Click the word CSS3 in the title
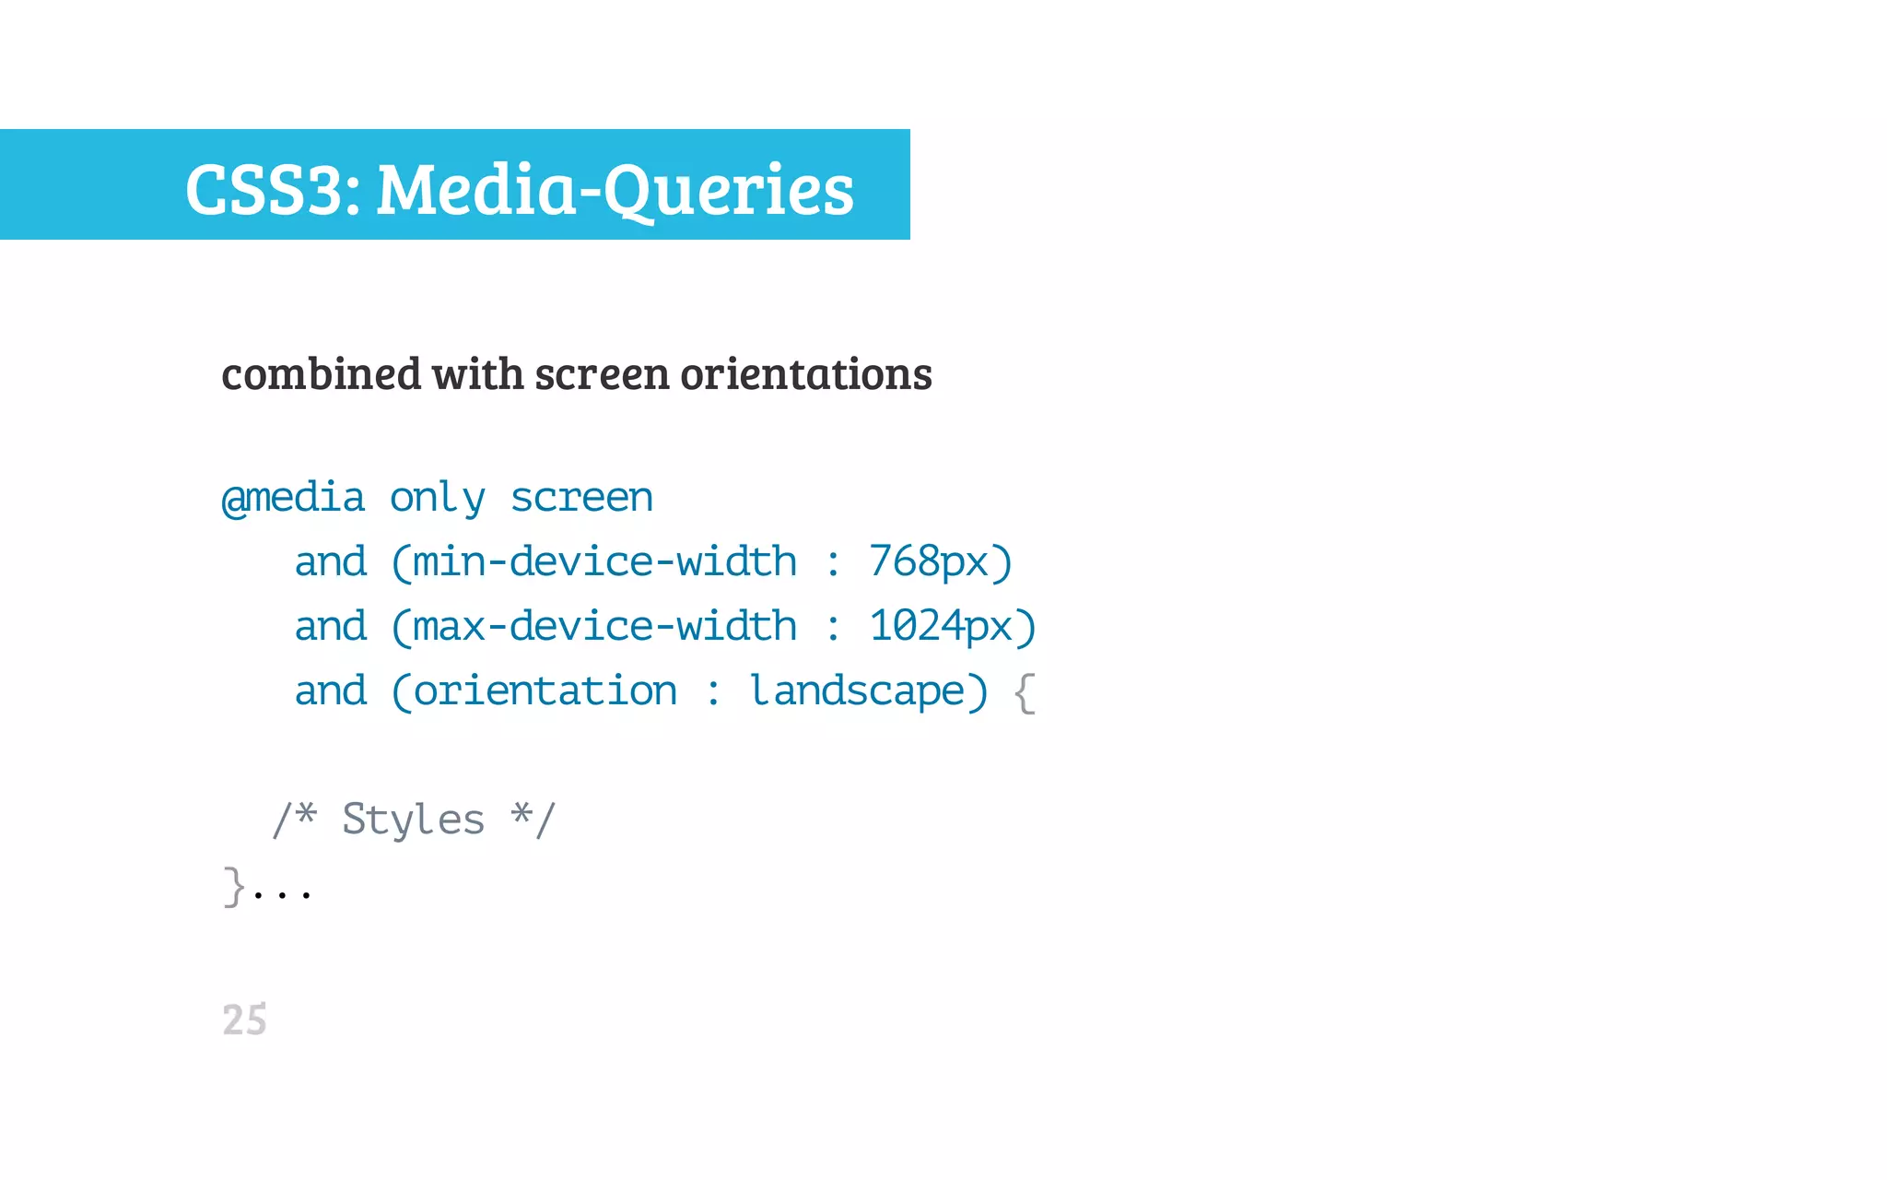point(266,189)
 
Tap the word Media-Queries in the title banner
point(615,189)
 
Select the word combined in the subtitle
point(321,374)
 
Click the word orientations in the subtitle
point(806,374)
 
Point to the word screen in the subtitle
point(602,374)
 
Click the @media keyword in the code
point(294,499)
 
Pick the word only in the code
point(437,499)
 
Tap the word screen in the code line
point(581,499)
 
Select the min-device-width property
point(604,561)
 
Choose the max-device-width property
point(604,626)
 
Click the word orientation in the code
point(545,690)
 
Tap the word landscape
point(857,690)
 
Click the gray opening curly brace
point(1025,692)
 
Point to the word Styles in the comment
point(413,820)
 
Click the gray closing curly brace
point(234,886)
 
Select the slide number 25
point(244,1020)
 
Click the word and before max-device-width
point(330,626)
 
